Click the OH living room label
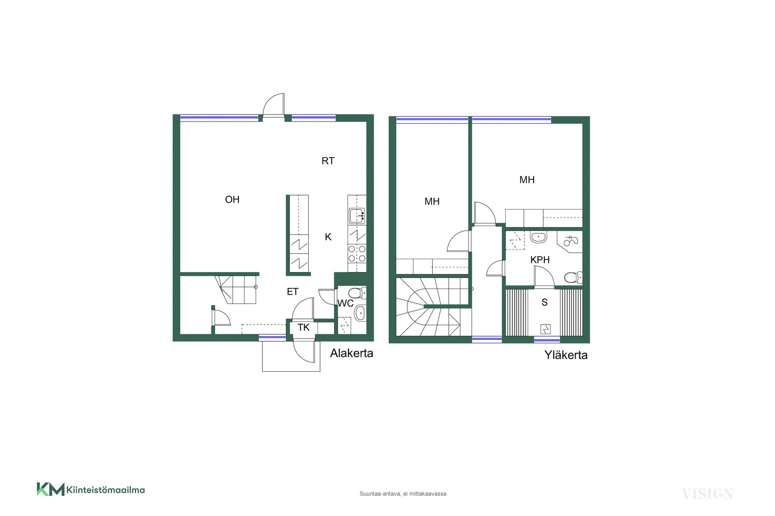point(232,200)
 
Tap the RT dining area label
point(328,161)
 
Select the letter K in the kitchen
point(328,237)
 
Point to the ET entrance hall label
point(293,291)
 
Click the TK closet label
point(304,327)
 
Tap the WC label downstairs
point(346,303)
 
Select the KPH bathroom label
point(540,260)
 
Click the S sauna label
point(545,302)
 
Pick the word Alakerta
point(352,353)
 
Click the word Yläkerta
point(566,355)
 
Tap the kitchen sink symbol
point(357,216)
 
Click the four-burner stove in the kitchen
point(357,253)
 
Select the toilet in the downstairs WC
point(357,293)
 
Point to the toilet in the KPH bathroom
point(574,277)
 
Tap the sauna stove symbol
point(545,329)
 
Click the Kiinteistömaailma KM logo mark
point(50,489)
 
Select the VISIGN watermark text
point(708,494)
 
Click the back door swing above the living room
point(274,105)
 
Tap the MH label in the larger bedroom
point(527,180)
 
